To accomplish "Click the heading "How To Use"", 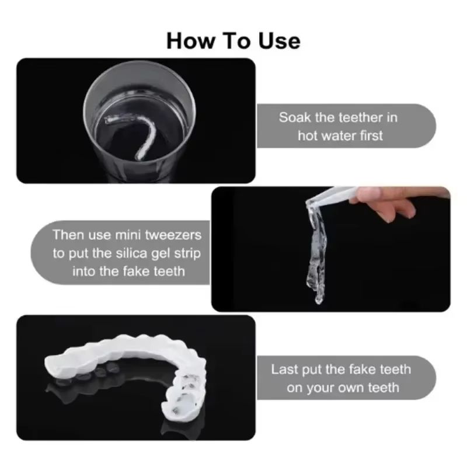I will point(233,40).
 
